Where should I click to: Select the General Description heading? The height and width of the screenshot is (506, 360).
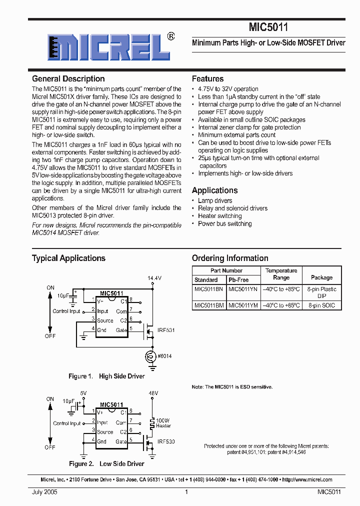(68, 78)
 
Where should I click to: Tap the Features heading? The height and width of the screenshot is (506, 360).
(207, 78)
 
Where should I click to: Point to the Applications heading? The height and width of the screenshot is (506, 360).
(214, 190)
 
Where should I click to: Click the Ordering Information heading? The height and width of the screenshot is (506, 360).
(230, 258)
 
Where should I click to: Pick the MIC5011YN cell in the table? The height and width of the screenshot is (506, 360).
(243, 289)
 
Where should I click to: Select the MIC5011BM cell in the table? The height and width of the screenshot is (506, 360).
(209, 305)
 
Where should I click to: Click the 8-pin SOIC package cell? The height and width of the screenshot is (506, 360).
(321, 305)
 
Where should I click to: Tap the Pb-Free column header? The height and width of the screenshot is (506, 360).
(238, 280)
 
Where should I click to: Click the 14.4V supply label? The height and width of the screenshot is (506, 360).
(154, 277)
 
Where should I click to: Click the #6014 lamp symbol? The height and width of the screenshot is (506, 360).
(148, 356)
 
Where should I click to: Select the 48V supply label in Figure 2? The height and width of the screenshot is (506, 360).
(153, 393)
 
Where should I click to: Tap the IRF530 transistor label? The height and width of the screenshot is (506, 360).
(166, 442)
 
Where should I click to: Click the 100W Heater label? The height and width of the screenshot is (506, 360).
(163, 423)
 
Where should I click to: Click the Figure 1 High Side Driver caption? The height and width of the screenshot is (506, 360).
(106, 376)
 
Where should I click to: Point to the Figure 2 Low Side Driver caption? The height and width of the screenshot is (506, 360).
(106, 463)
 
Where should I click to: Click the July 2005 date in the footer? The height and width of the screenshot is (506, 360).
(45, 492)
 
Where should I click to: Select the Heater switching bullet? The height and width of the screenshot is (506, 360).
(219, 216)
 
